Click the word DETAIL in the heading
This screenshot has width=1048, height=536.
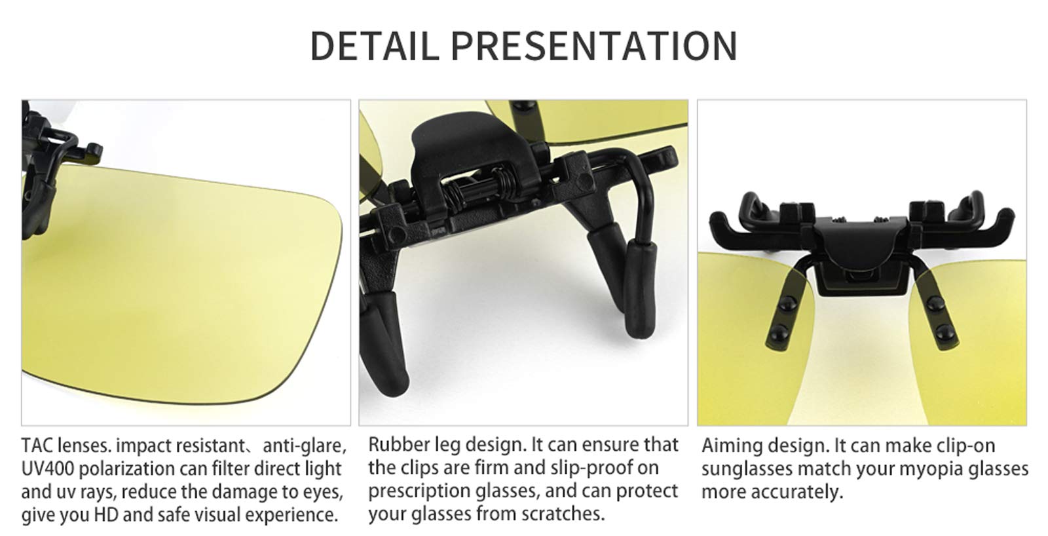coord(375,46)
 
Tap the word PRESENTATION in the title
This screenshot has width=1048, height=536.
coord(594,46)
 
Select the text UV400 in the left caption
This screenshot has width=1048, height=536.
coord(48,469)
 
